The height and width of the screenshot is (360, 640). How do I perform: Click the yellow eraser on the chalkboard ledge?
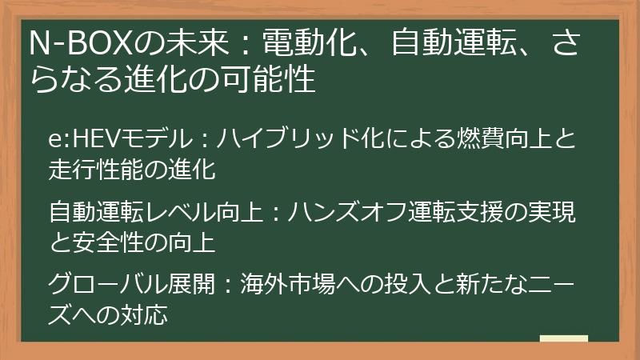coord(563,338)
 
